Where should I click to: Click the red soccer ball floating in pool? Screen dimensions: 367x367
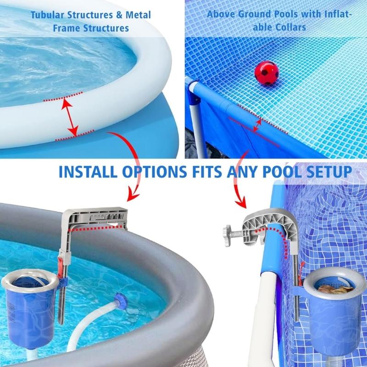[267, 72]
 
